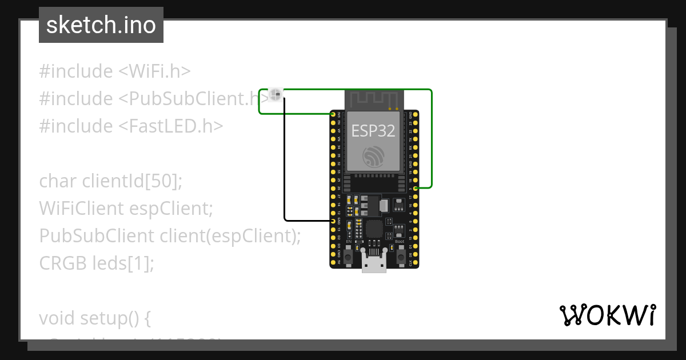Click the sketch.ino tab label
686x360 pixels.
[x=101, y=25]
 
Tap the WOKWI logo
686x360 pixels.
[x=607, y=315]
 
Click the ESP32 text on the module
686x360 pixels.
[x=373, y=131]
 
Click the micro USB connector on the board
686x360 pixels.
[x=374, y=264]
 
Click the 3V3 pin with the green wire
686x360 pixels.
[x=333, y=115]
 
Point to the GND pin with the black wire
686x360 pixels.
[x=333, y=221]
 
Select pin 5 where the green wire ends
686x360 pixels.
[x=416, y=188]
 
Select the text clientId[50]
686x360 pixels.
[x=131, y=181]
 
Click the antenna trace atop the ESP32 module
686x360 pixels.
[x=374, y=99]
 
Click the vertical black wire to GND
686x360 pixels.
[x=285, y=160]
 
